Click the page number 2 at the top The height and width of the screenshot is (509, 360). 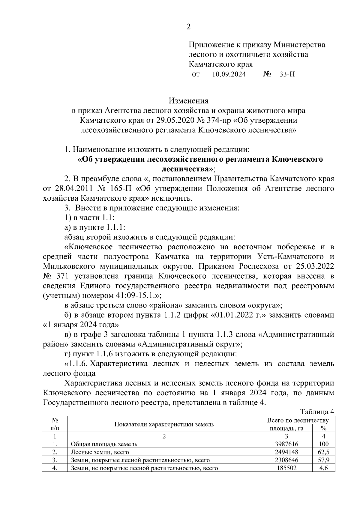pos(188,27)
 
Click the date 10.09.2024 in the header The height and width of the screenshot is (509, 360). pos(229,74)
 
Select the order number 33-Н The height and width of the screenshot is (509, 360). pos(287,74)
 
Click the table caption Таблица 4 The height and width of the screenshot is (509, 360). pos(317,411)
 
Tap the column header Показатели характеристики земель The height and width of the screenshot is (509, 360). pos(164,424)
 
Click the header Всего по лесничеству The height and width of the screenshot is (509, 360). pos(298,420)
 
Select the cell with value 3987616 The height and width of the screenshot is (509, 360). pos(286,444)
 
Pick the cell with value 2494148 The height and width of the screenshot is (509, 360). pos(286,452)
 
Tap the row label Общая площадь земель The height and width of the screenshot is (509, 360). pos(104,444)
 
